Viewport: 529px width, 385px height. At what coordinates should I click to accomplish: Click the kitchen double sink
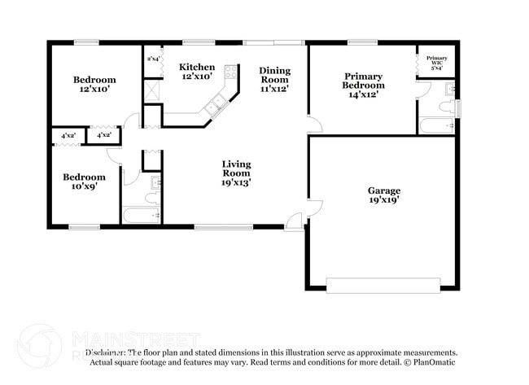(217, 103)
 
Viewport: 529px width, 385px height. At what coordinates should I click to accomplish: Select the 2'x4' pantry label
(153, 59)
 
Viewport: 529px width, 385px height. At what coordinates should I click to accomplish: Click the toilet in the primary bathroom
(446, 106)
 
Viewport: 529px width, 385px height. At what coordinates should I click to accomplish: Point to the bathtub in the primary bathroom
(438, 125)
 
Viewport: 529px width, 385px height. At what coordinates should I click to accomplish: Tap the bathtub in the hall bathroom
(142, 216)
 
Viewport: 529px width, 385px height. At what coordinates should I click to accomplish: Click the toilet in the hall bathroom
(151, 196)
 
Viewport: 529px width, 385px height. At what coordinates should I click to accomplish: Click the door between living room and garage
(313, 208)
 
